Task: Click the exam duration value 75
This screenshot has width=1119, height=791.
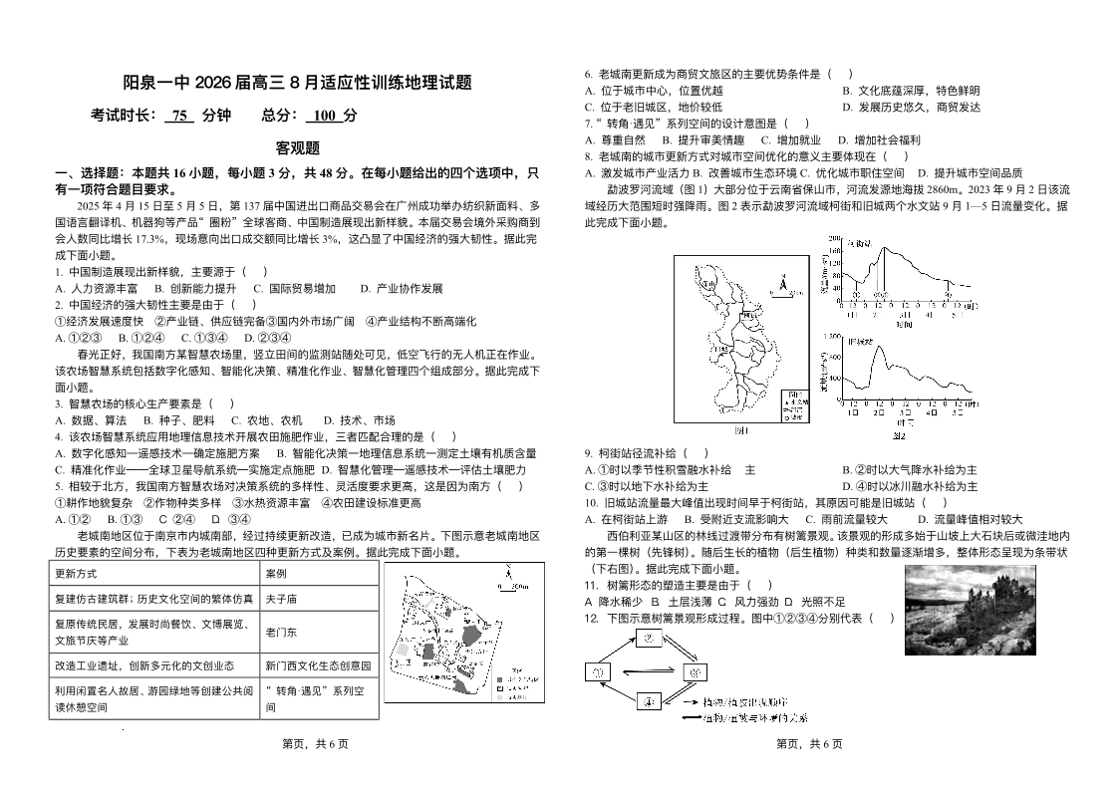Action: point(179,115)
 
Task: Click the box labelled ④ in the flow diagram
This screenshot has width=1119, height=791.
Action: point(648,700)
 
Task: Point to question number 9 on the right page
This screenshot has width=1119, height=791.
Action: point(589,453)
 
